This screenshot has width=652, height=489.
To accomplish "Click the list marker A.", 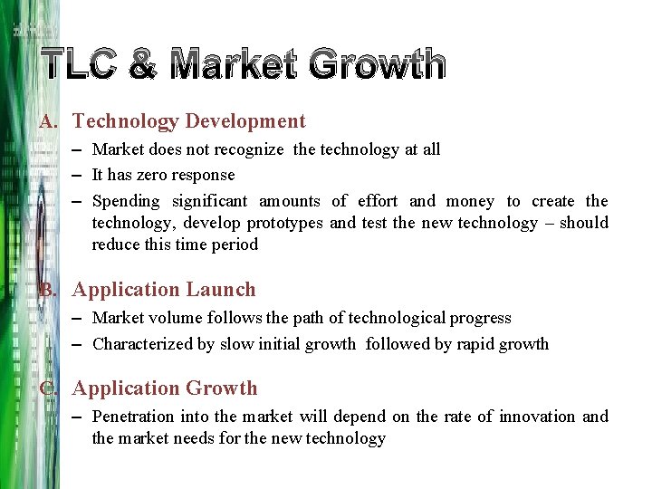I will tap(50, 121).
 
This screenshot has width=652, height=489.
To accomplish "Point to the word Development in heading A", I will tap(244, 121).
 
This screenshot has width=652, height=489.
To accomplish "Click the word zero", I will tap(154, 175).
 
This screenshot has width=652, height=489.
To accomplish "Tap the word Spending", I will tap(126, 201).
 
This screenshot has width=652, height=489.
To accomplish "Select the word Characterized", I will tap(140, 344).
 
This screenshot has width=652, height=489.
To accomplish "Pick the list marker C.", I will tap(50, 388).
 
